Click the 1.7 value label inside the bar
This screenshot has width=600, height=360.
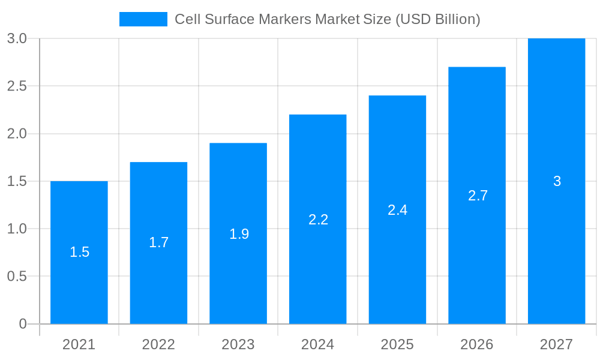click(159, 242)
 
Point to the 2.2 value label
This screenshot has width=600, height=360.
click(318, 220)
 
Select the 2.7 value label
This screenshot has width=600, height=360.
click(478, 196)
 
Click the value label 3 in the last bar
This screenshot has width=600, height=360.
click(557, 181)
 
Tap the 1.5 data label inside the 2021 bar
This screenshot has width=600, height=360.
click(79, 252)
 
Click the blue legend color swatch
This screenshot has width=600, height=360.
click(143, 19)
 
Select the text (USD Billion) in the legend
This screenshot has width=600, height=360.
click(437, 19)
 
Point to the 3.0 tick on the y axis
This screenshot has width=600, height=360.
click(17, 38)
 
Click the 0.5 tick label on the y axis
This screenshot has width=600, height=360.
click(17, 276)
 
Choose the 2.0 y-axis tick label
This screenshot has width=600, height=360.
click(17, 133)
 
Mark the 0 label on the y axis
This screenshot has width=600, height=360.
click(23, 324)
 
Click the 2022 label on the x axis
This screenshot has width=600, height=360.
click(158, 344)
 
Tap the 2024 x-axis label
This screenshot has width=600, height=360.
click(317, 344)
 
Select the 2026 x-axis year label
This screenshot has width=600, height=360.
click(477, 344)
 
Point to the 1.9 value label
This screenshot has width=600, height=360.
click(239, 234)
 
